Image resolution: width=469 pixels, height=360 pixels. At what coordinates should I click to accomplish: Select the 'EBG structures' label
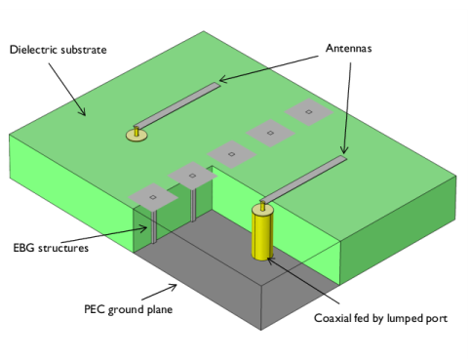click(x=51, y=249)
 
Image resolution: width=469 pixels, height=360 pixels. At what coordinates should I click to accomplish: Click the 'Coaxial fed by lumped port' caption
click(x=379, y=318)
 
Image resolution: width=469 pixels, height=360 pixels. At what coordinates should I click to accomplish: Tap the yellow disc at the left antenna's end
click(x=136, y=134)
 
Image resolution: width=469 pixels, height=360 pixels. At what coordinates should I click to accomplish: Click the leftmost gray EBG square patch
click(x=153, y=197)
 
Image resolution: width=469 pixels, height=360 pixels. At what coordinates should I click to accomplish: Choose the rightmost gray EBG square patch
click(x=308, y=114)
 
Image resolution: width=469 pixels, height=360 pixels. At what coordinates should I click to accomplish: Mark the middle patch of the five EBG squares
click(x=231, y=153)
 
